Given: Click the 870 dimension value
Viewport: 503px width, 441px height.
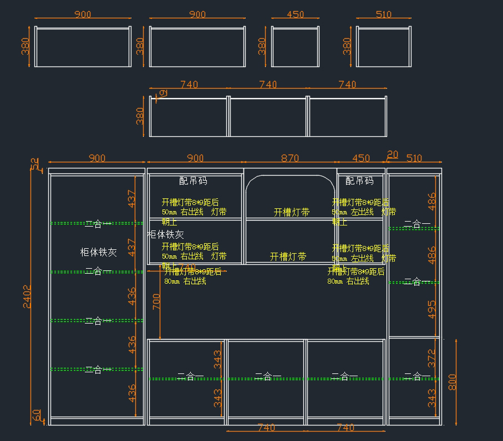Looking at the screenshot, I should [289, 158].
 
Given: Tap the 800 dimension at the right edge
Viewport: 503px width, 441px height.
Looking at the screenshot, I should [453, 382].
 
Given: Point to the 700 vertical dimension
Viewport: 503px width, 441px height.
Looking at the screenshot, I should [156, 302].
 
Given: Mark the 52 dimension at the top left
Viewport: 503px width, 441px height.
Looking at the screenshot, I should [35, 163].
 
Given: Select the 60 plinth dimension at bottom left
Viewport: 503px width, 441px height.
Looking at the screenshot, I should [37, 416].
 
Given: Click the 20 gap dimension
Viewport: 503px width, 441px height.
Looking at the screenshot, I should [393, 155].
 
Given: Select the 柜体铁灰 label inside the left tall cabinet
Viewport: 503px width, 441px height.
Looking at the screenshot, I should [98, 253].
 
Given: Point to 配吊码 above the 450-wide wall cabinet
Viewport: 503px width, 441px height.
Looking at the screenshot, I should [359, 181].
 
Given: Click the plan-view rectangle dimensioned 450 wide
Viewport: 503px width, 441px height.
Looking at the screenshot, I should [296, 47].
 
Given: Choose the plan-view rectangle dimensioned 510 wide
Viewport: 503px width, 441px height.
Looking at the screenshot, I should [384, 47].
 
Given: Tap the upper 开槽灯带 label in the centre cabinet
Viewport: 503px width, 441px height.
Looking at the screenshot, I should [292, 212].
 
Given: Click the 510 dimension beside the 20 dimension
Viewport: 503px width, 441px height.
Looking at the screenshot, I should [414, 158].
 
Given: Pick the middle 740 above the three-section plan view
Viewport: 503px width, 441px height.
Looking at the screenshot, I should [268, 85].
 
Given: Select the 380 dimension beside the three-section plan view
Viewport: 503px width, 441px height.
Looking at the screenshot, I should [140, 116].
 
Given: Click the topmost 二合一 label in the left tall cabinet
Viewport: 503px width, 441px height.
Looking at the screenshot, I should [98, 224].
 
